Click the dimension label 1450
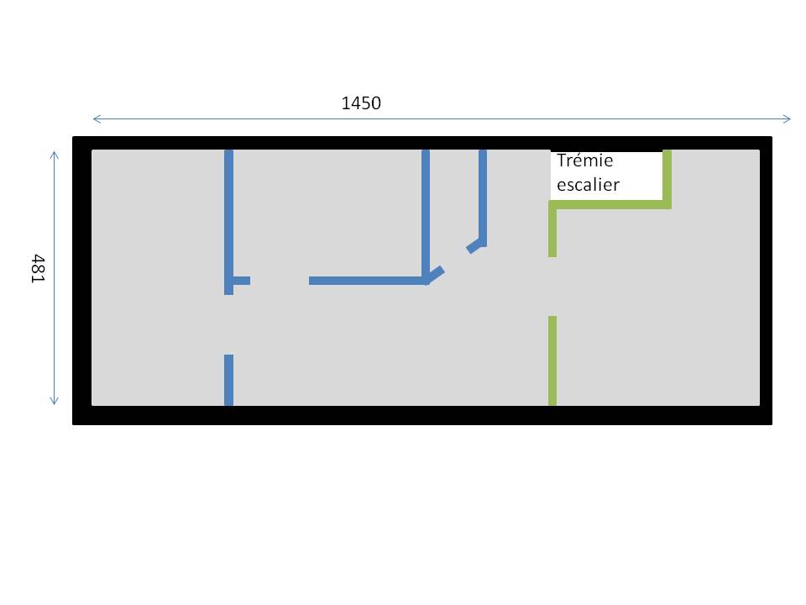[x=361, y=103]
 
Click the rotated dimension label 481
[x=37, y=268]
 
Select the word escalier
[x=588, y=184]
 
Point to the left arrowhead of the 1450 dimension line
[x=96, y=118]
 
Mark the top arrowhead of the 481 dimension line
[x=55, y=155]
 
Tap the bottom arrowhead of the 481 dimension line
[x=55, y=401]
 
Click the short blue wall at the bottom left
[x=228, y=380]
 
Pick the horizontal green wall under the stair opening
[x=610, y=204]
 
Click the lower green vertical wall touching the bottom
[x=552, y=360]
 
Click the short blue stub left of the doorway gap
[x=241, y=281]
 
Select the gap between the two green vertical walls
[x=552, y=287]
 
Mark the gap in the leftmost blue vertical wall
[x=228, y=324]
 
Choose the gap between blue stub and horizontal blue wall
[x=280, y=281]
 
